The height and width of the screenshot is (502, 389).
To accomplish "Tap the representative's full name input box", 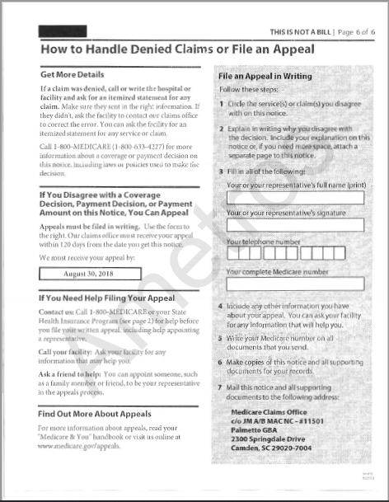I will pos(294,198).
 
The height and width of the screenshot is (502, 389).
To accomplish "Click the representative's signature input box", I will pos(294,225).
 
